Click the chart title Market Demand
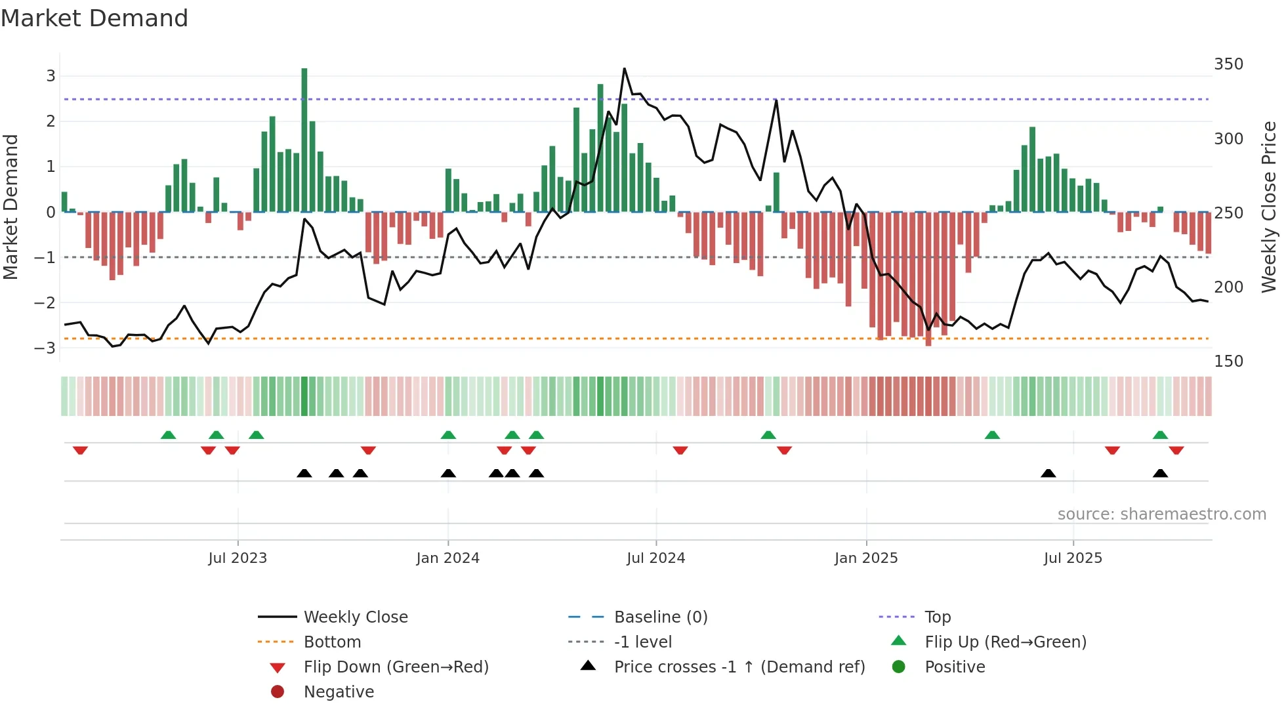94,18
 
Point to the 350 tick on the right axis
1228,64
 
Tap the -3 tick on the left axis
45,348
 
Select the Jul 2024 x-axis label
655,558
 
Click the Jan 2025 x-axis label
866,558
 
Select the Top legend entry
938,617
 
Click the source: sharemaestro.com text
1161,514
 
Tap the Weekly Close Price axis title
1269,207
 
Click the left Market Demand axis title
10,207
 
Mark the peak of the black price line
624,68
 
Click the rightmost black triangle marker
1160,474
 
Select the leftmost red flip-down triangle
80,450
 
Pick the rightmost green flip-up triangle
1160,435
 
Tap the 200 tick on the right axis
1228,287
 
